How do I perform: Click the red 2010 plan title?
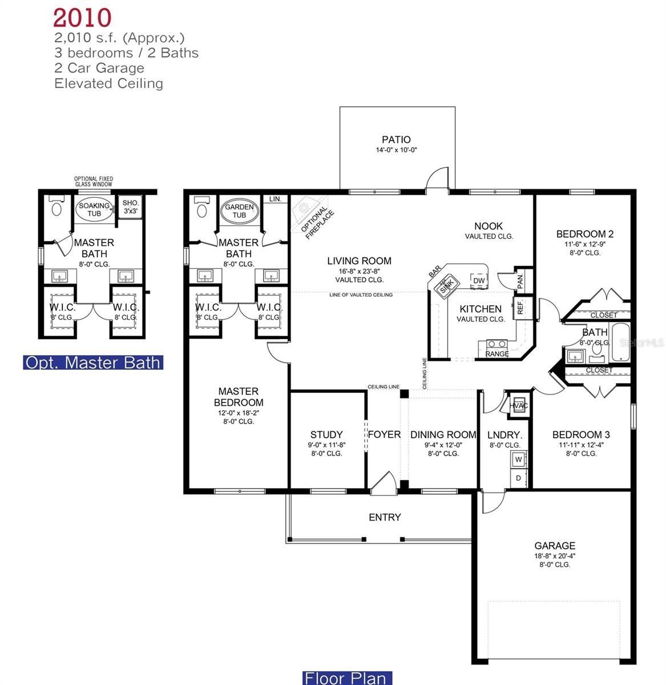(x=82, y=18)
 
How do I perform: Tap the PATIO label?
(x=396, y=140)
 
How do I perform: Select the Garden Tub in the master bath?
(x=239, y=211)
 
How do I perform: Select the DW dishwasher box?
(x=478, y=280)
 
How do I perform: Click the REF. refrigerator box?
(x=520, y=308)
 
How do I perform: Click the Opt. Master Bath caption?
(x=93, y=362)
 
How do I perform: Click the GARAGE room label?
(x=554, y=546)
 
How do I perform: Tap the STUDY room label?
(x=326, y=434)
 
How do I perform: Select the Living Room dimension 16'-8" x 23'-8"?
(x=359, y=271)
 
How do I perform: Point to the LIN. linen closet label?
(x=275, y=199)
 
